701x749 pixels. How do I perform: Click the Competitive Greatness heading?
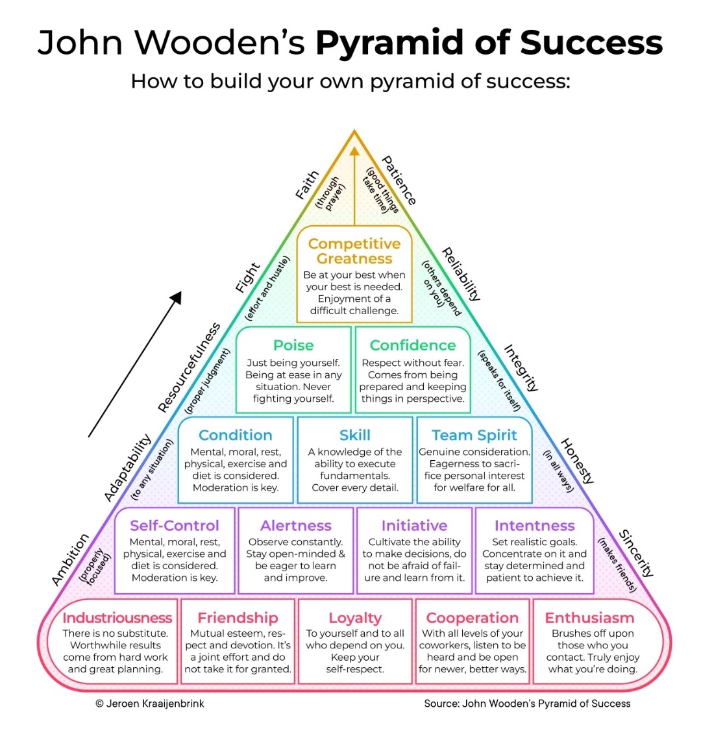click(x=354, y=251)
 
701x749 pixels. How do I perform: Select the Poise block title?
click(x=293, y=345)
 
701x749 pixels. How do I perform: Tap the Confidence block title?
click(x=413, y=345)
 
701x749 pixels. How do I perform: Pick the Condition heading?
click(x=236, y=435)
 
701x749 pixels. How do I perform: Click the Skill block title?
click(x=355, y=435)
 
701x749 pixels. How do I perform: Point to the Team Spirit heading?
click(x=474, y=435)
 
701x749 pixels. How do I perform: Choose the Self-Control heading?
click(x=175, y=525)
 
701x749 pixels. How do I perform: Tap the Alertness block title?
click(x=296, y=525)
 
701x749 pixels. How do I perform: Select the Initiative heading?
click(x=414, y=525)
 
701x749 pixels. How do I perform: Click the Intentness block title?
click(x=535, y=525)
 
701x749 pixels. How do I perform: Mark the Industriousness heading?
click(x=117, y=618)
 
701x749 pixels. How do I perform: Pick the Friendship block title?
click(x=238, y=618)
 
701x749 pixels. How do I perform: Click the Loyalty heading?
click(x=355, y=618)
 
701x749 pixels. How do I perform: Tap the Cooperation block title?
click(x=473, y=618)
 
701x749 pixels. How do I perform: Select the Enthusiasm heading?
click(x=589, y=618)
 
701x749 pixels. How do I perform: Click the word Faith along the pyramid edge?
click(x=307, y=184)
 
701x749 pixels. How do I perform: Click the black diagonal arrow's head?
click(x=177, y=297)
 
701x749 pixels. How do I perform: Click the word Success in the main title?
click(x=591, y=43)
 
